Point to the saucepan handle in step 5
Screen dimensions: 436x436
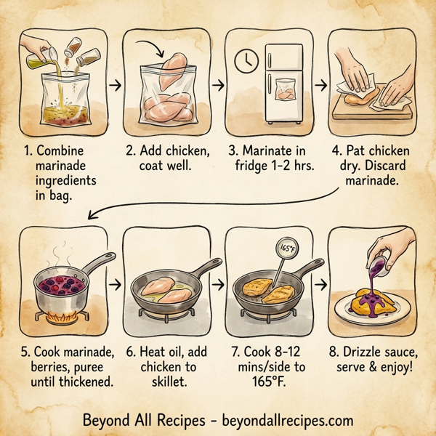click(x=95, y=264)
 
